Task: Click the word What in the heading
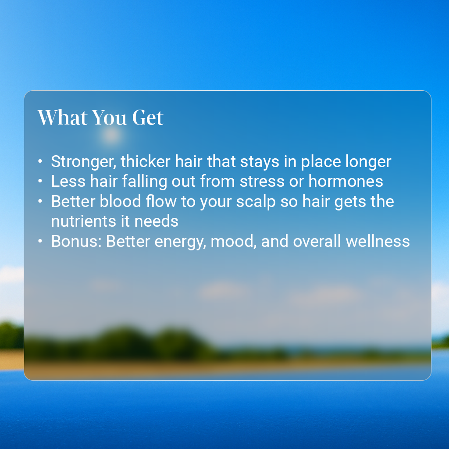pos(62,118)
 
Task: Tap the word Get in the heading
pos(148,118)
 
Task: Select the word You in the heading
pos(109,118)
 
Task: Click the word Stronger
pos(84,162)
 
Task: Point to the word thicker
pos(146,161)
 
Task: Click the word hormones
pos(346,181)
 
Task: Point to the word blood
pos(120,201)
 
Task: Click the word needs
pos(157,221)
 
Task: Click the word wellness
pos(378,242)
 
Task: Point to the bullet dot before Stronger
pos(40,161)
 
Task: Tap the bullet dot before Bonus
pos(40,242)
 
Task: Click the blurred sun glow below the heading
pos(111,135)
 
